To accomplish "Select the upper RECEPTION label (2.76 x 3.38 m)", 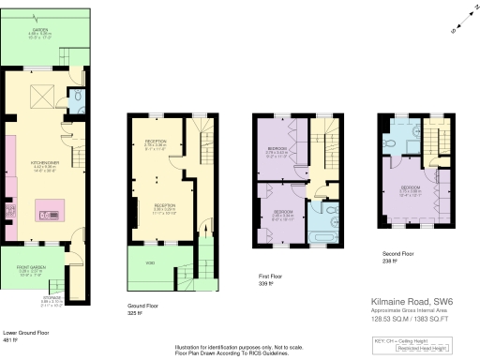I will click(x=156, y=142).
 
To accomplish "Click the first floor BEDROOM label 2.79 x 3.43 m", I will click(x=277, y=149).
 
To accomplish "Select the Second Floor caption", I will click(x=398, y=254).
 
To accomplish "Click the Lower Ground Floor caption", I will click(x=24, y=333).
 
